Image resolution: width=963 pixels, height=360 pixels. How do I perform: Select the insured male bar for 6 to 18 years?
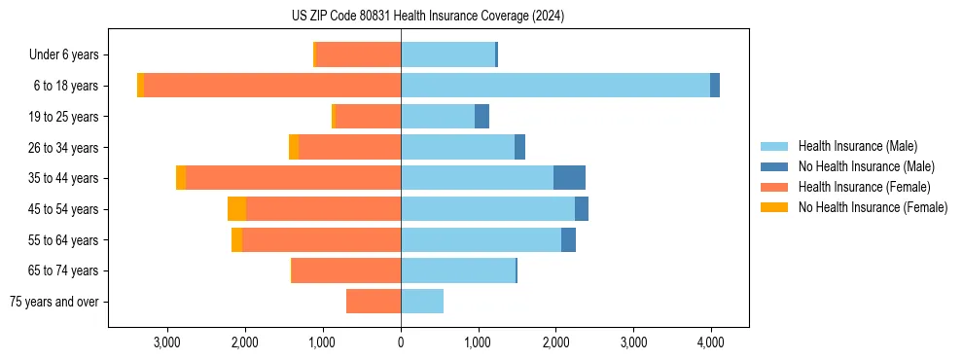point(554,86)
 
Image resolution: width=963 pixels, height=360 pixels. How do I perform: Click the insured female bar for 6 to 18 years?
point(272,86)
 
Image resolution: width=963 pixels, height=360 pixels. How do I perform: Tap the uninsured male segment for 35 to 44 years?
point(569,178)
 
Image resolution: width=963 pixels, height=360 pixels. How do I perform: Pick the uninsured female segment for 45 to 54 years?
point(236,209)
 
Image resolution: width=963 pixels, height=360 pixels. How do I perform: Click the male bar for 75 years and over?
point(422,302)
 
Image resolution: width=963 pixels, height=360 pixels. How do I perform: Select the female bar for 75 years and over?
point(374,302)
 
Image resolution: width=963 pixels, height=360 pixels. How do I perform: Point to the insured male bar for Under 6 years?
point(447,54)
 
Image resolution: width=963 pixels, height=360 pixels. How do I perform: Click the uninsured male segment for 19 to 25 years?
point(481,117)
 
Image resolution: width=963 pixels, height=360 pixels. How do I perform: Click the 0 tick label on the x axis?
point(401,342)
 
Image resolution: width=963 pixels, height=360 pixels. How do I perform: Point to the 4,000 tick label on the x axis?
point(710,342)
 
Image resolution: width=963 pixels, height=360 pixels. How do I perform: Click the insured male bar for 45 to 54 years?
point(487,209)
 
